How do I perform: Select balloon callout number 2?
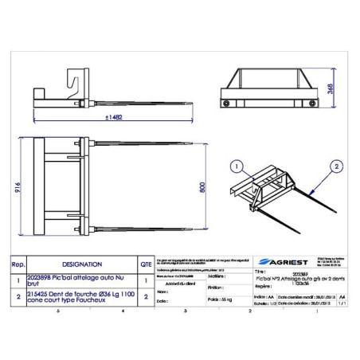coord(337,167)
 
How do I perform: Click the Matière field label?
coord(216,276)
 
